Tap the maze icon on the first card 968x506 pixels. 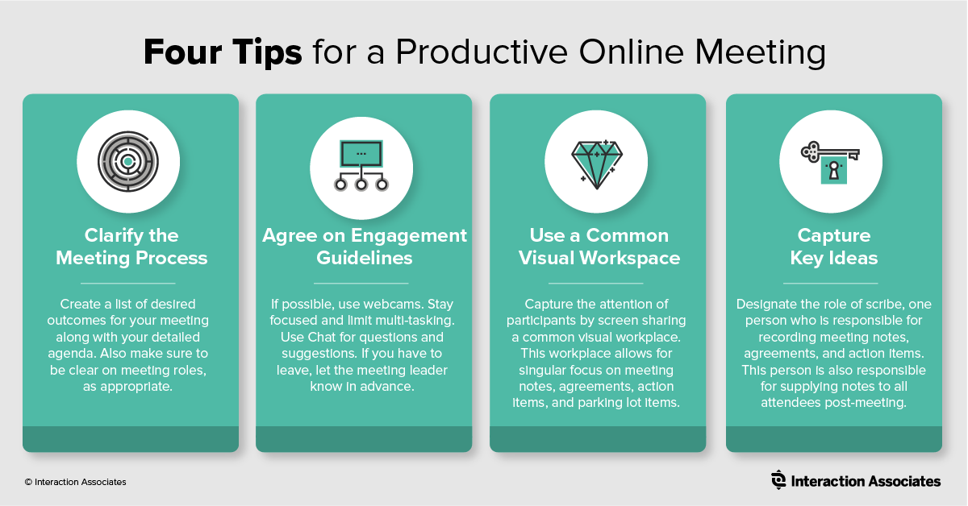click(x=128, y=161)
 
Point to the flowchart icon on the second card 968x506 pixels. click(x=361, y=164)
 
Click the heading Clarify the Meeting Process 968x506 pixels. click(x=131, y=247)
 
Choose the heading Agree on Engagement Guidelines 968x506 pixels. click(x=365, y=247)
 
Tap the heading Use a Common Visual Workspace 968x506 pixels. click(x=599, y=247)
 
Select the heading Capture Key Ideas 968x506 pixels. click(x=834, y=247)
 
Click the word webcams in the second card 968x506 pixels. click(x=398, y=305)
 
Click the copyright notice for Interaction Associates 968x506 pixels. click(x=75, y=482)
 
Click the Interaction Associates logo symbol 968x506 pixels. click(x=778, y=480)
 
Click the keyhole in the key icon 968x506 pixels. click(x=835, y=171)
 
